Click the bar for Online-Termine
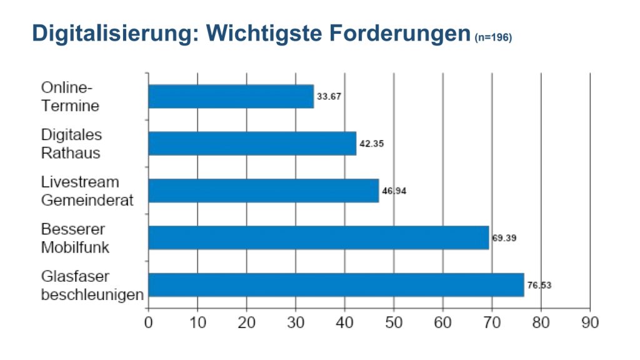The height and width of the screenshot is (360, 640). click(x=231, y=96)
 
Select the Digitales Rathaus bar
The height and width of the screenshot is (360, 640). click(x=252, y=143)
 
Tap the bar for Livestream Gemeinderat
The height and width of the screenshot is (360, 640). click(x=263, y=191)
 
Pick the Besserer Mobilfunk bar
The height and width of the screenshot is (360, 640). click(x=318, y=237)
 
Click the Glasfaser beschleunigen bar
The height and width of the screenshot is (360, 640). click(x=336, y=284)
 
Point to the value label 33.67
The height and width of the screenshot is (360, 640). click(x=330, y=96)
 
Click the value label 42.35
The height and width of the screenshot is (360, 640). click(x=371, y=144)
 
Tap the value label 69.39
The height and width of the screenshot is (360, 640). click(x=504, y=238)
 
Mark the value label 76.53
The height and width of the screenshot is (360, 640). click(x=539, y=285)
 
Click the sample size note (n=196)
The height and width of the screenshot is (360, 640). click(x=493, y=38)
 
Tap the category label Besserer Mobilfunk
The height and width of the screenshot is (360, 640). click(x=75, y=237)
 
